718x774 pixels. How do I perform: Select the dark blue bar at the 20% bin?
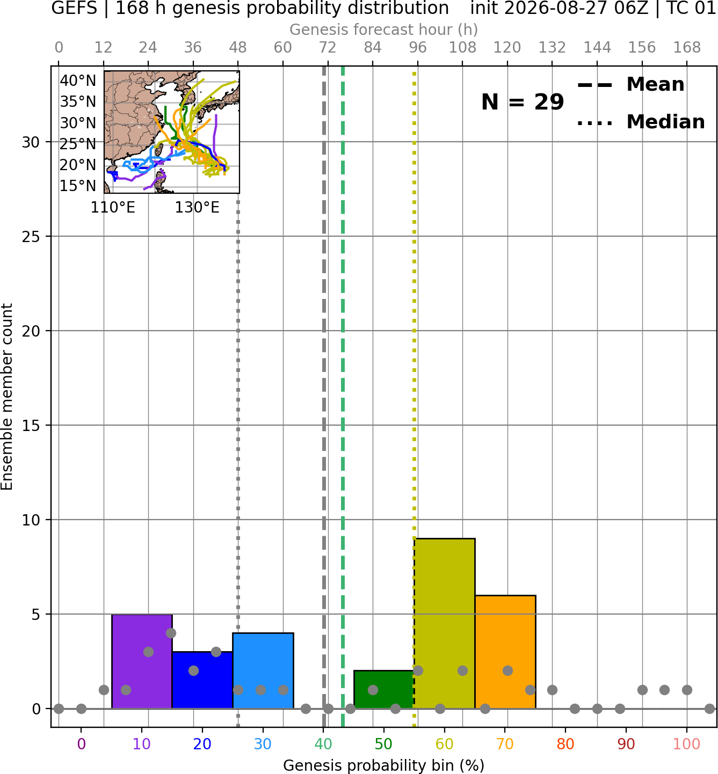[202, 680]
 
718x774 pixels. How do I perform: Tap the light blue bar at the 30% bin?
[263, 671]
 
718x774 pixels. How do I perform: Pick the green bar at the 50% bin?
[384, 689]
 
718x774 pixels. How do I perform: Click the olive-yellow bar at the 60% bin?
[445, 624]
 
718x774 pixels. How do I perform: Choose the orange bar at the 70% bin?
[505, 652]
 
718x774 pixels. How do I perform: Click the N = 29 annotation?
[523, 102]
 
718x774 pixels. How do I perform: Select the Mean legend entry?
[630, 84]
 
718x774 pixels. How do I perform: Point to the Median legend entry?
[641, 122]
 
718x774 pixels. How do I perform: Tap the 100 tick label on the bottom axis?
[687, 744]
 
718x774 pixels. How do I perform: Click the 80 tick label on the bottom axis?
[565, 744]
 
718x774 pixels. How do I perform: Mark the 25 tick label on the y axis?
[31, 237]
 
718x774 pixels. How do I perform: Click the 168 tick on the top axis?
[687, 48]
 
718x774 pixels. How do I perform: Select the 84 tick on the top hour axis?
[373, 48]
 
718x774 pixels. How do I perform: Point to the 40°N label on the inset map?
[78, 81]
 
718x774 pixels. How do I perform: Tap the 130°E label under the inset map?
[197, 207]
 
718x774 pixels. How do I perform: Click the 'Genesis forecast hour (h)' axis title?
[384, 30]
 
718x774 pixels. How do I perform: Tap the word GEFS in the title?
[74, 8]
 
